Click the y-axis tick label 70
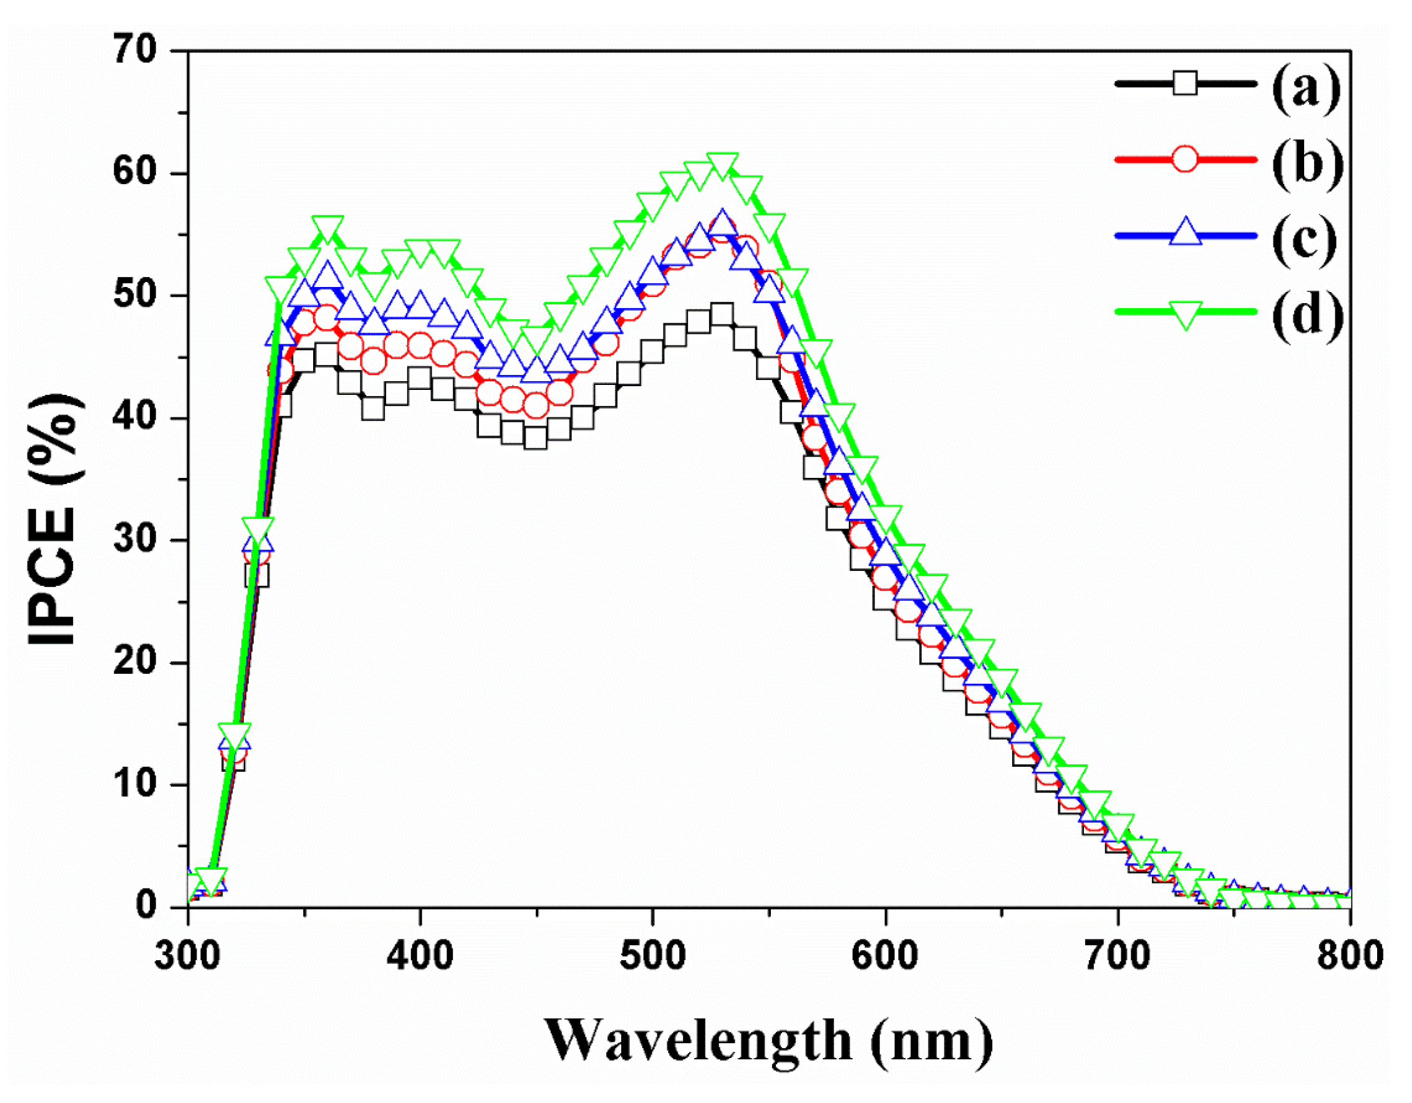[x=135, y=51]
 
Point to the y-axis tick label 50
[x=135, y=295]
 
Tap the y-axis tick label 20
[x=135, y=662]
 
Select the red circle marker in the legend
[x=1185, y=159]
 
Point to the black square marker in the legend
[x=1185, y=84]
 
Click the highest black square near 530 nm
[x=722, y=314]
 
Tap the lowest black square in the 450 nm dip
[x=536, y=439]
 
